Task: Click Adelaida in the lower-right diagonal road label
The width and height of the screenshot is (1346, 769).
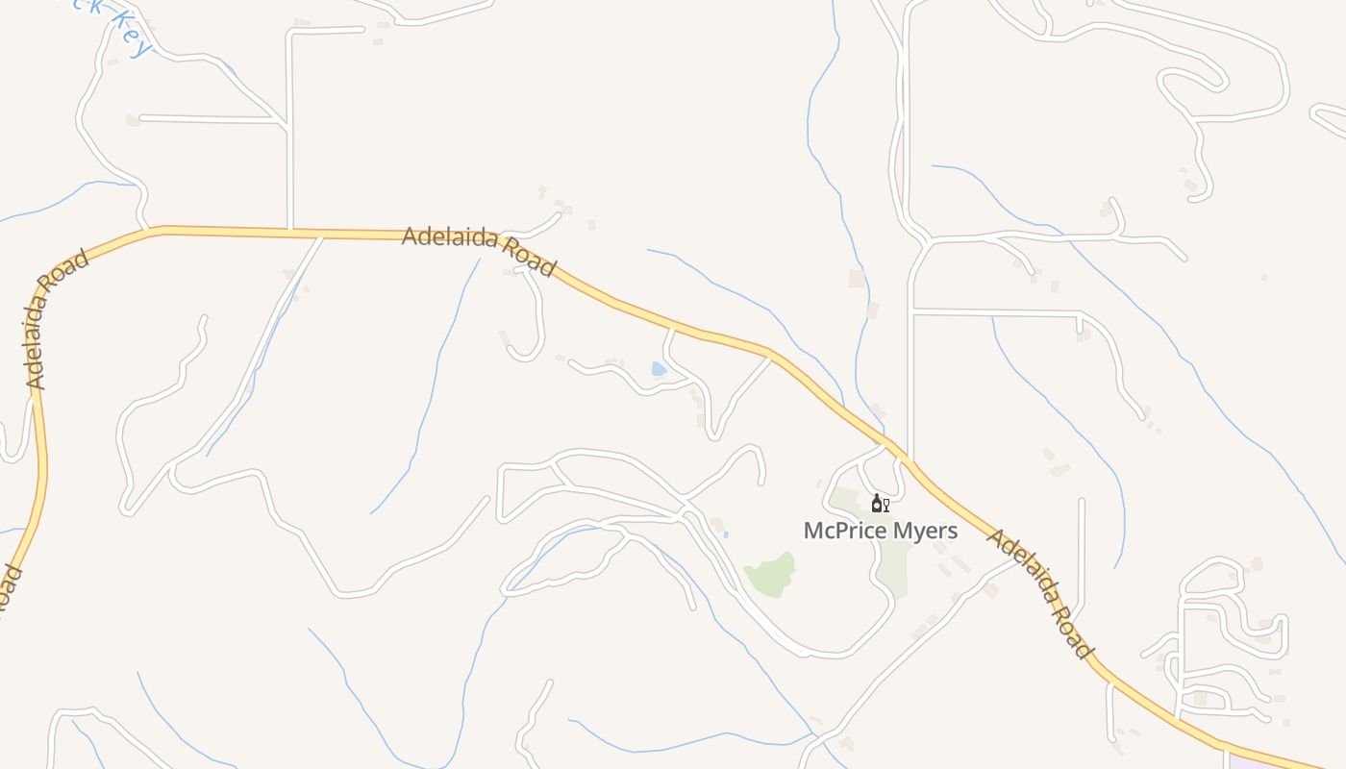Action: tap(1021, 564)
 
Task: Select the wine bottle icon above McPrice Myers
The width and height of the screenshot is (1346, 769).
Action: tap(876, 503)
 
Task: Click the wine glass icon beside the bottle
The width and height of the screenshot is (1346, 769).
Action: tap(885, 505)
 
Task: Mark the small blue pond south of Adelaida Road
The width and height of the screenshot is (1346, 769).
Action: tap(659, 368)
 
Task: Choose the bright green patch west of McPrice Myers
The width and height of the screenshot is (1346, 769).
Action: tap(772, 575)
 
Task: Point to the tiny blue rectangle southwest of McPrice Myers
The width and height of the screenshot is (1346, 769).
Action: tap(726, 533)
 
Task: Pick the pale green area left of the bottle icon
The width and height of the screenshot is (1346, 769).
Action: tap(843, 500)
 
